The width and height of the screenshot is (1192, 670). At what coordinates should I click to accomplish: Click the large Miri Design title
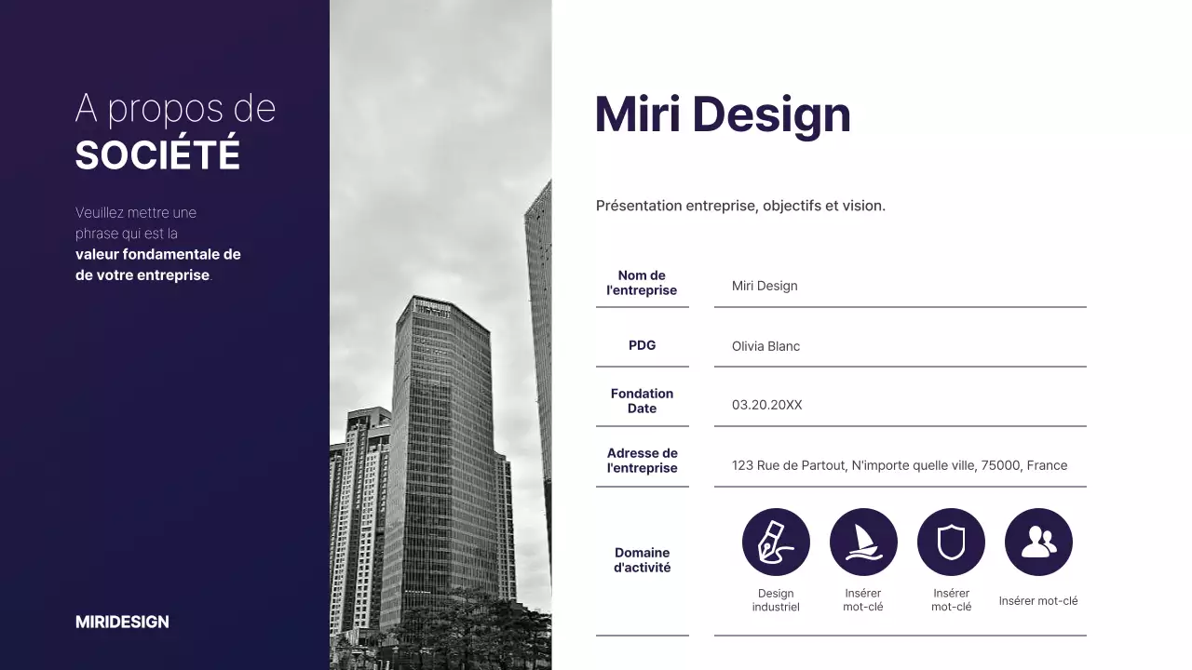coord(723,114)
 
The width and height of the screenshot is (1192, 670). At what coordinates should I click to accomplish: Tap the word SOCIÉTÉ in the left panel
coord(157,155)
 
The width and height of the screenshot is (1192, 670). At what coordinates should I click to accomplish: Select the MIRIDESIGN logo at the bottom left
coord(122,622)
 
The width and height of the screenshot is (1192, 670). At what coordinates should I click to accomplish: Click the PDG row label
coord(642,345)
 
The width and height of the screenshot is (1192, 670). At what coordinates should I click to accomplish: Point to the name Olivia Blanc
coord(765,346)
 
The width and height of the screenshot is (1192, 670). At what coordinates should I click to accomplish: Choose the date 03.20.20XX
coord(766,405)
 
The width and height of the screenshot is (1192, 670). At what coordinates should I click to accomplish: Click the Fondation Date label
coord(642,401)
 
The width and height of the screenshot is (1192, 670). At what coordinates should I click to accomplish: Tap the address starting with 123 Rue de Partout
coord(899,465)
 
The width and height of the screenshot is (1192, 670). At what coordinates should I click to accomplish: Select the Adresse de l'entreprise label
coord(642,461)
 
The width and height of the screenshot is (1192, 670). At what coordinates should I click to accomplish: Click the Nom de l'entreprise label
coord(642,283)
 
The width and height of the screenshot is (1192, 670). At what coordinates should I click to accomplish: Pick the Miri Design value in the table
coord(765,286)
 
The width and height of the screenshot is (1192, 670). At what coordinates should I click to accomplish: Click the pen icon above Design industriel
coord(776,542)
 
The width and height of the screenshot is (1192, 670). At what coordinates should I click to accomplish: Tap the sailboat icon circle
coord(863,542)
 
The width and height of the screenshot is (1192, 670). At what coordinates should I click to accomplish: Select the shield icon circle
coord(951,542)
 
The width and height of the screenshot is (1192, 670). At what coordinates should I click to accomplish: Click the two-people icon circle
coord(1038,542)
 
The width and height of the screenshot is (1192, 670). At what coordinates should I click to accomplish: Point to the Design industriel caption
coord(776,600)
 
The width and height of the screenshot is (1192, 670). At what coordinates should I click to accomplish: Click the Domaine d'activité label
coord(642,560)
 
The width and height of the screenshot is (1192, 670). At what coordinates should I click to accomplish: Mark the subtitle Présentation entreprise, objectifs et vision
coord(740,206)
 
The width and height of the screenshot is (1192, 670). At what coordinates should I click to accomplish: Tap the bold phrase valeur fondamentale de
coord(157,254)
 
